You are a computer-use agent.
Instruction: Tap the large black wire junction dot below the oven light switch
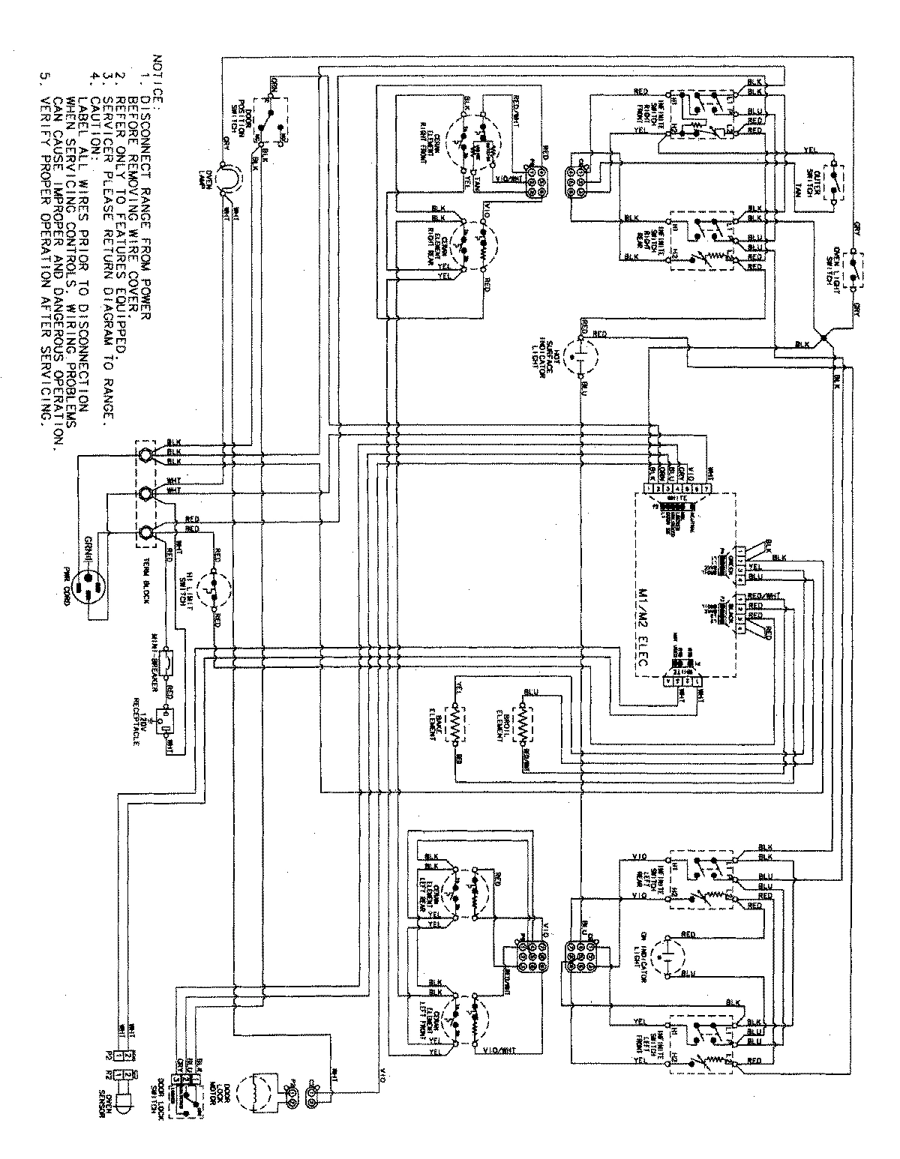tap(824, 339)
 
